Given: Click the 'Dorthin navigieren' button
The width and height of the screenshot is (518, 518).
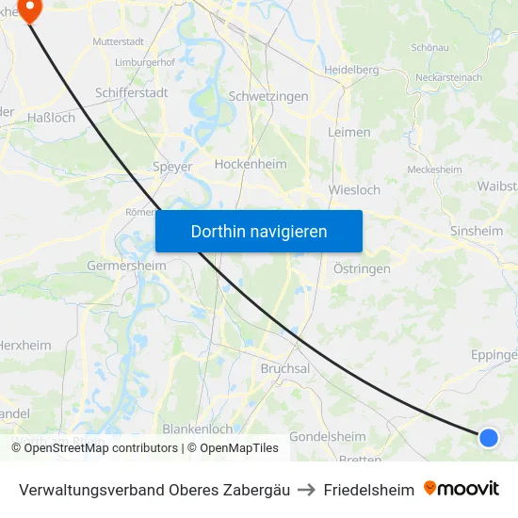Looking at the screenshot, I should click(x=259, y=231).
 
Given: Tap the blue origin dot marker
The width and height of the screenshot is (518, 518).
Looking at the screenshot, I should click(x=488, y=437).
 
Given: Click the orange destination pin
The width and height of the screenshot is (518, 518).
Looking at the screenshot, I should click(x=29, y=9).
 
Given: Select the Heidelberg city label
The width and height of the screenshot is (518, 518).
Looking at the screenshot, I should click(x=351, y=70).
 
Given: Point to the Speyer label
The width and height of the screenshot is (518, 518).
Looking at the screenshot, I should click(x=172, y=167).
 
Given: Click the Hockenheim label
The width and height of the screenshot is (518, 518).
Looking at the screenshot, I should click(x=251, y=164).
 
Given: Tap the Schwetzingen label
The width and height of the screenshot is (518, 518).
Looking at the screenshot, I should click(x=268, y=97).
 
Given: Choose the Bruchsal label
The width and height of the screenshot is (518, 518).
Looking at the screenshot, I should click(x=284, y=369).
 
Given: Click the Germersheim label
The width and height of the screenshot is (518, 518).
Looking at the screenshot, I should click(x=126, y=266).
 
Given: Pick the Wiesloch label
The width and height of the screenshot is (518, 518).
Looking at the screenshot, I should click(x=354, y=189).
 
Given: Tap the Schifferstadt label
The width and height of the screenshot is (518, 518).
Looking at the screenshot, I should click(x=132, y=93).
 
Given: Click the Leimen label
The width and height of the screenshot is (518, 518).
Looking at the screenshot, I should click(x=348, y=132).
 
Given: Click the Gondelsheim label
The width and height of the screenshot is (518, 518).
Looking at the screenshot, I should click(x=327, y=437).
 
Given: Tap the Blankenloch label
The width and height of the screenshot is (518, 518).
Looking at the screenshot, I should click(x=198, y=429).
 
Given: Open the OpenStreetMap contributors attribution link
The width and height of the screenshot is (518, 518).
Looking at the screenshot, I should click(x=101, y=448).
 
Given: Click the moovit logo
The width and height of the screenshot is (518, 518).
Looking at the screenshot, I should click(x=461, y=489).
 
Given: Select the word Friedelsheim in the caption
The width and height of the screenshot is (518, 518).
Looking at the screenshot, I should click(x=368, y=490).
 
